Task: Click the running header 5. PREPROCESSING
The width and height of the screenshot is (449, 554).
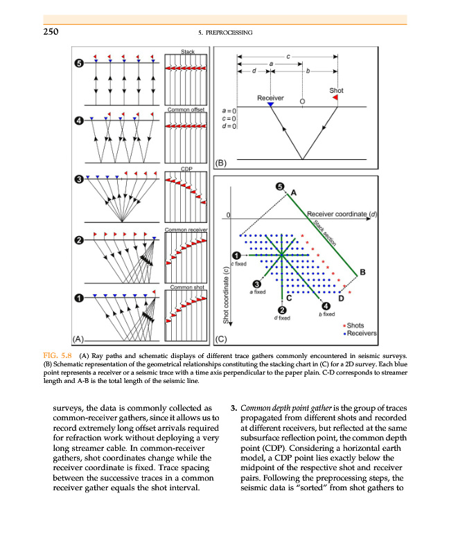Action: pyautogui.click(x=224, y=33)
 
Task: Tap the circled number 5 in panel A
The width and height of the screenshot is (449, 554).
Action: pyautogui.click(x=80, y=63)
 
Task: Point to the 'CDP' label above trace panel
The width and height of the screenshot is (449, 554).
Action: pyautogui.click(x=186, y=169)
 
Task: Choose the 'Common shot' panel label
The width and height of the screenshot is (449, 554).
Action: pyautogui.click(x=185, y=286)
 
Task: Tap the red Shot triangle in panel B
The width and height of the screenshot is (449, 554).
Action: pyautogui.click(x=335, y=98)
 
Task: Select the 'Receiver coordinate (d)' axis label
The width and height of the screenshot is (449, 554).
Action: pyautogui.click(x=342, y=214)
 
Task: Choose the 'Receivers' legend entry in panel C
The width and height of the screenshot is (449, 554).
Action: pyautogui.click(x=361, y=334)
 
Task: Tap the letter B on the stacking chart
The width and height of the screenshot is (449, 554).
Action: pyautogui.click(x=362, y=271)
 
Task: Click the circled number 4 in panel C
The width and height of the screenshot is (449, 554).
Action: pyautogui.click(x=326, y=307)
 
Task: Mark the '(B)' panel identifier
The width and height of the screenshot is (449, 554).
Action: pyautogui.click(x=220, y=163)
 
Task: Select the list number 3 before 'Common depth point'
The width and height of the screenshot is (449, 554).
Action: pyautogui.click(x=234, y=406)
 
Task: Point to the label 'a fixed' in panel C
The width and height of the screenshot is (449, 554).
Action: pyautogui.click(x=258, y=293)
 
